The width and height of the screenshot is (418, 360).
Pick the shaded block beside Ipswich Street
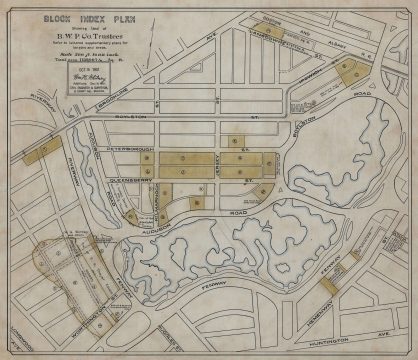click(349, 69)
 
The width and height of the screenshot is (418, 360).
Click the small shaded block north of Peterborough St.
click(234, 141)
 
